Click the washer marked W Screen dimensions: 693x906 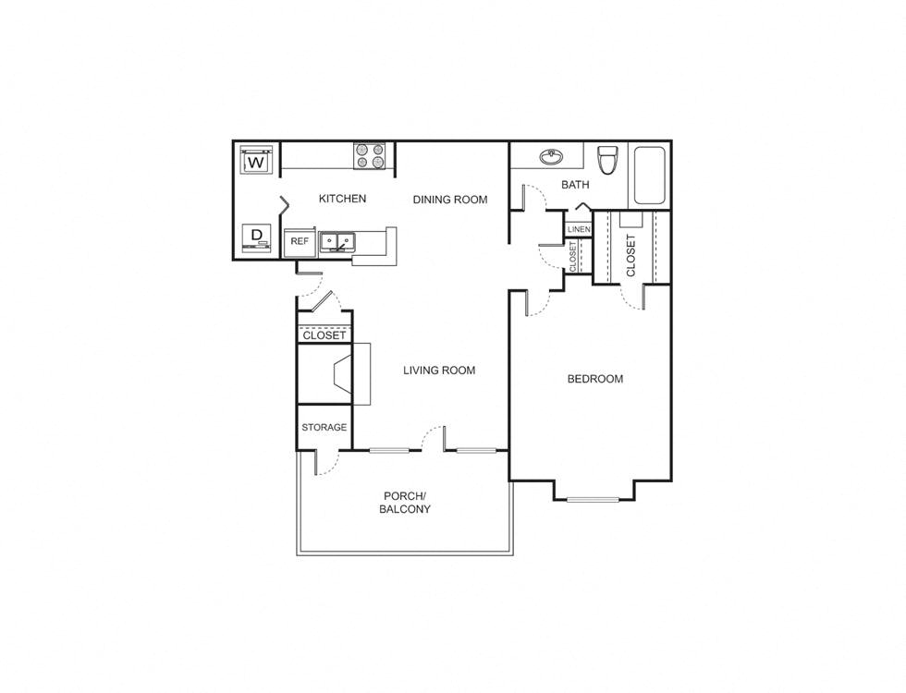(x=256, y=163)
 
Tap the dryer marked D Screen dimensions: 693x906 (x=256, y=237)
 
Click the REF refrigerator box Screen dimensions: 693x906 (x=300, y=241)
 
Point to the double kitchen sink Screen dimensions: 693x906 (x=339, y=242)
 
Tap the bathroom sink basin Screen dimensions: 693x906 (x=552, y=156)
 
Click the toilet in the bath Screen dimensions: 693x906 (x=607, y=160)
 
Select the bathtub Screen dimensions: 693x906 (x=649, y=176)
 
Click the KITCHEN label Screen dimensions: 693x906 (x=342, y=199)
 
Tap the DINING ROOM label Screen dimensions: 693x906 (x=449, y=200)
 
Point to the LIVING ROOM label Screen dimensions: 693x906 (x=439, y=371)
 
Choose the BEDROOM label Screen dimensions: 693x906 (x=594, y=379)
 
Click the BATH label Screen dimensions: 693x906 (x=575, y=185)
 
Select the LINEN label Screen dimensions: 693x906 (x=578, y=229)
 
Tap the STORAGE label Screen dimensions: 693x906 (x=324, y=428)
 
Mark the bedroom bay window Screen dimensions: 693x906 (x=593, y=500)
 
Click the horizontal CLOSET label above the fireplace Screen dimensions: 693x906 (x=324, y=335)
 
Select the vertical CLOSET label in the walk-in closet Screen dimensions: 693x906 (x=631, y=255)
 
